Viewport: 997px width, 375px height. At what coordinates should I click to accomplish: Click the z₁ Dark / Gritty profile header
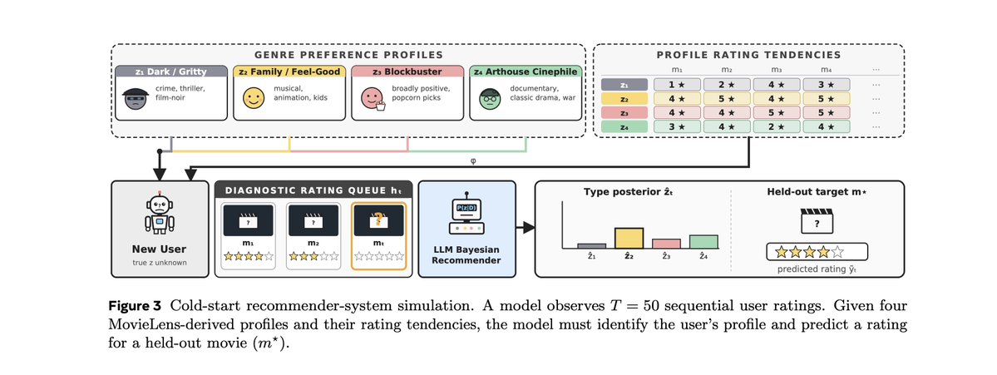(x=170, y=72)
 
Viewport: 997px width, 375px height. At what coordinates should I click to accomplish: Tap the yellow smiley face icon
(x=254, y=98)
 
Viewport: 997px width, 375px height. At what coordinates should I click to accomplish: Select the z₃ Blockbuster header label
(x=407, y=72)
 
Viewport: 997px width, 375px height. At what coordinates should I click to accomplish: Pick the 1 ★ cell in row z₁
(x=676, y=85)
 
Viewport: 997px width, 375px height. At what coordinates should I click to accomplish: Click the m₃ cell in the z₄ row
(x=777, y=126)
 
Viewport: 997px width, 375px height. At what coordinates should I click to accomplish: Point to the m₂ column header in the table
(x=726, y=70)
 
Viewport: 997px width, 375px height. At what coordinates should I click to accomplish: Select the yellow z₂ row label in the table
(x=624, y=98)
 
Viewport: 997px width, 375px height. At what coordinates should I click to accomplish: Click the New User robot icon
(x=160, y=215)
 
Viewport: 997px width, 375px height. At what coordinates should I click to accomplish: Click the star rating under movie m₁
(x=249, y=257)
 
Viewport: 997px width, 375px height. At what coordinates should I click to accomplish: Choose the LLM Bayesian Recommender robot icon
(x=466, y=215)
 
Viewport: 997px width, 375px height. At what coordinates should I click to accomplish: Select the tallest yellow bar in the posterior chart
(x=629, y=238)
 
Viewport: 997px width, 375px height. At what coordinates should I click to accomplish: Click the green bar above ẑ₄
(x=703, y=241)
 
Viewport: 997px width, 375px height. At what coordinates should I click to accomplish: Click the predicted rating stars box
(x=817, y=252)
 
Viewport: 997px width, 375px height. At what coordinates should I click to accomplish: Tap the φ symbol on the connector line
(x=472, y=160)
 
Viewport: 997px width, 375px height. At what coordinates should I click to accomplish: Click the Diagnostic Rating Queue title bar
(x=313, y=189)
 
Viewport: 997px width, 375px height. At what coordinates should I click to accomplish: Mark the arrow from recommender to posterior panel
(x=524, y=228)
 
